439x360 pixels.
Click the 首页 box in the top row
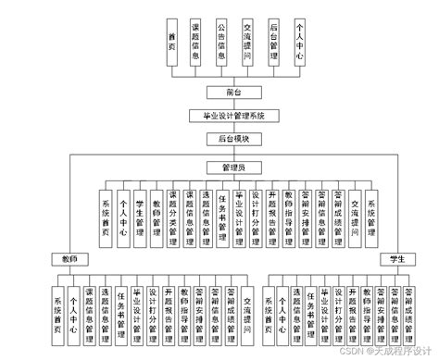[171, 43]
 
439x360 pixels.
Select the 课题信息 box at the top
[196, 43]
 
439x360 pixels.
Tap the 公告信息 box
[221, 43]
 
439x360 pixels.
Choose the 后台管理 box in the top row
[273, 43]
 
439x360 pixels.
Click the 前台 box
[233, 93]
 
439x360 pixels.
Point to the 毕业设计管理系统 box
[233, 116]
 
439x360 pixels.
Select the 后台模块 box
[233, 139]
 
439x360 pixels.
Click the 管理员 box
[233, 167]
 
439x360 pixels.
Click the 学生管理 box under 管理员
[139, 219]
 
